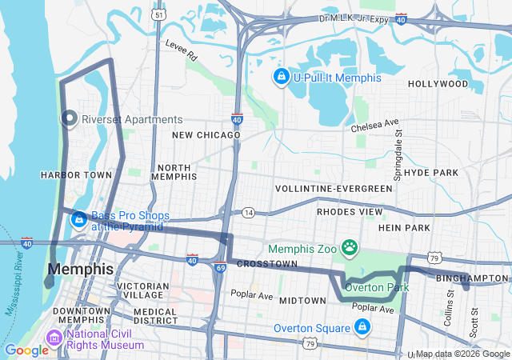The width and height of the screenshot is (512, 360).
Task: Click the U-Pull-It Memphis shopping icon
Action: (x=281, y=78)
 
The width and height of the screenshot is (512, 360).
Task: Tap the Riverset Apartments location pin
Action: (x=69, y=119)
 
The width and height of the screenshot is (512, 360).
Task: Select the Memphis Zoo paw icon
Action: (x=350, y=248)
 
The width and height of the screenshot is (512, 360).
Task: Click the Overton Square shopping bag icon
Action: (x=362, y=327)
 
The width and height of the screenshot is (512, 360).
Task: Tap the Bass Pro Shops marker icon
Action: (x=79, y=218)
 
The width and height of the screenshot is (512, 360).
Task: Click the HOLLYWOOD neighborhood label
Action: (x=438, y=83)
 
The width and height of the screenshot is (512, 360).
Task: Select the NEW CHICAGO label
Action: (x=206, y=135)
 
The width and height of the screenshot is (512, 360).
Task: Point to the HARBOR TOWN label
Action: (x=76, y=174)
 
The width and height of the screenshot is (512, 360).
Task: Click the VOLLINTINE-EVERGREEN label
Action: (x=334, y=189)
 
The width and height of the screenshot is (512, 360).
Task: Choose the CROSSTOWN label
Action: (x=267, y=264)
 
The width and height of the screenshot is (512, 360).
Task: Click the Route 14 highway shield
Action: (x=249, y=213)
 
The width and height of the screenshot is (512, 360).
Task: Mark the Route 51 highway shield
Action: (x=160, y=14)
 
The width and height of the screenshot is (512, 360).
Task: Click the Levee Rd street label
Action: (x=181, y=51)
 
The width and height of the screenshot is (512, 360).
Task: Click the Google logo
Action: (x=26, y=350)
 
